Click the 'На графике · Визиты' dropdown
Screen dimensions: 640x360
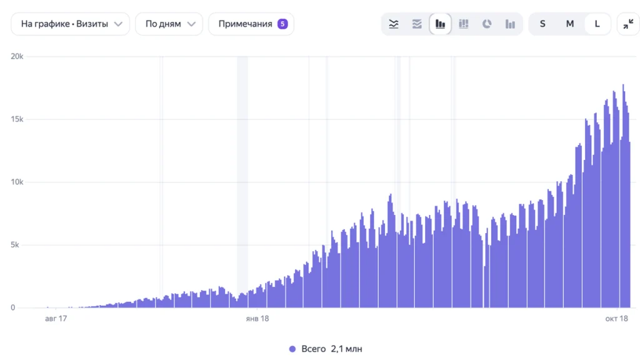pyautogui.click(x=70, y=24)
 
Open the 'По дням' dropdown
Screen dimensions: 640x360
pyautogui.click(x=169, y=24)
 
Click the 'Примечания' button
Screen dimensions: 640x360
pyautogui.click(x=251, y=24)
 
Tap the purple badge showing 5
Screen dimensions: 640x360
pyautogui.click(x=282, y=24)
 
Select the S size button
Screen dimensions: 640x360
pyautogui.click(x=542, y=24)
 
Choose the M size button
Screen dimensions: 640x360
pyautogui.click(x=570, y=24)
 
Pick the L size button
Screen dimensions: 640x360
pyautogui.click(x=597, y=24)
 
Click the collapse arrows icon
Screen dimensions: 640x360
pyautogui.click(x=628, y=24)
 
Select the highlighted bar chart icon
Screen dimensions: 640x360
pyautogui.click(x=440, y=24)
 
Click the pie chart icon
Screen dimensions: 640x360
pyautogui.click(x=486, y=24)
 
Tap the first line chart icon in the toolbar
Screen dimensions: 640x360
pyautogui.click(x=394, y=24)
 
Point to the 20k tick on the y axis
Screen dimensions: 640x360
pyautogui.click(x=17, y=56)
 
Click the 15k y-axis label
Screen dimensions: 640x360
pyautogui.click(x=17, y=119)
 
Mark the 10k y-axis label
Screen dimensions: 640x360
pyautogui.click(x=17, y=182)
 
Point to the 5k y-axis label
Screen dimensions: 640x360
pyautogui.click(x=15, y=245)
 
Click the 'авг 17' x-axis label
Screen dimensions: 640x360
pyautogui.click(x=56, y=318)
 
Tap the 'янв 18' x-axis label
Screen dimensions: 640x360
pyautogui.click(x=257, y=318)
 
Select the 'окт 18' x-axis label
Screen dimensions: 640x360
pyautogui.click(x=616, y=318)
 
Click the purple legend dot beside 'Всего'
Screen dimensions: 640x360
pyautogui.click(x=292, y=349)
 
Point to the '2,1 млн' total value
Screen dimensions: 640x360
pyautogui.click(x=346, y=349)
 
